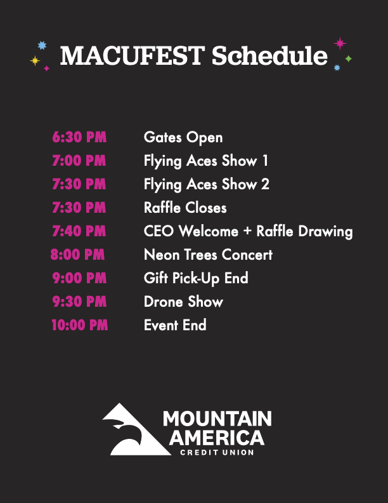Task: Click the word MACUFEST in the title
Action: (x=133, y=56)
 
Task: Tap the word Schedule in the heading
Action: (x=269, y=56)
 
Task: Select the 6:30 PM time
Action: (x=79, y=137)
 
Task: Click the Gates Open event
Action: (x=183, y=137)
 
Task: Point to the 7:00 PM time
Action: (x=79, y=161)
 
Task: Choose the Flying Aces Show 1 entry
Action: (x=206, y=161)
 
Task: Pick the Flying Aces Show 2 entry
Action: (x=207, y=184)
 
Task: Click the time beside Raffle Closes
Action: (x=79, y=208)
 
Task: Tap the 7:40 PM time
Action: (x=79, y=231)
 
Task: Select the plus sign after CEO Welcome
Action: (x=247, y=232)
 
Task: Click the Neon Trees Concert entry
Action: (x=208, y=255)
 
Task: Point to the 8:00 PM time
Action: (x=77, y=255)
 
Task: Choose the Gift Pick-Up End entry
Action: (x=196, y=278)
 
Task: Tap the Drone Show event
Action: (x=183, y=302)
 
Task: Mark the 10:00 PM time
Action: (x=79, y=325)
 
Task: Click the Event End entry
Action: (x=175, y=325)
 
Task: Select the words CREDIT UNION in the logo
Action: (x=217, y=452)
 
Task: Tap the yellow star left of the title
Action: (x=35, y=60)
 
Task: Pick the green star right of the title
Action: (x=348, y=58)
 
